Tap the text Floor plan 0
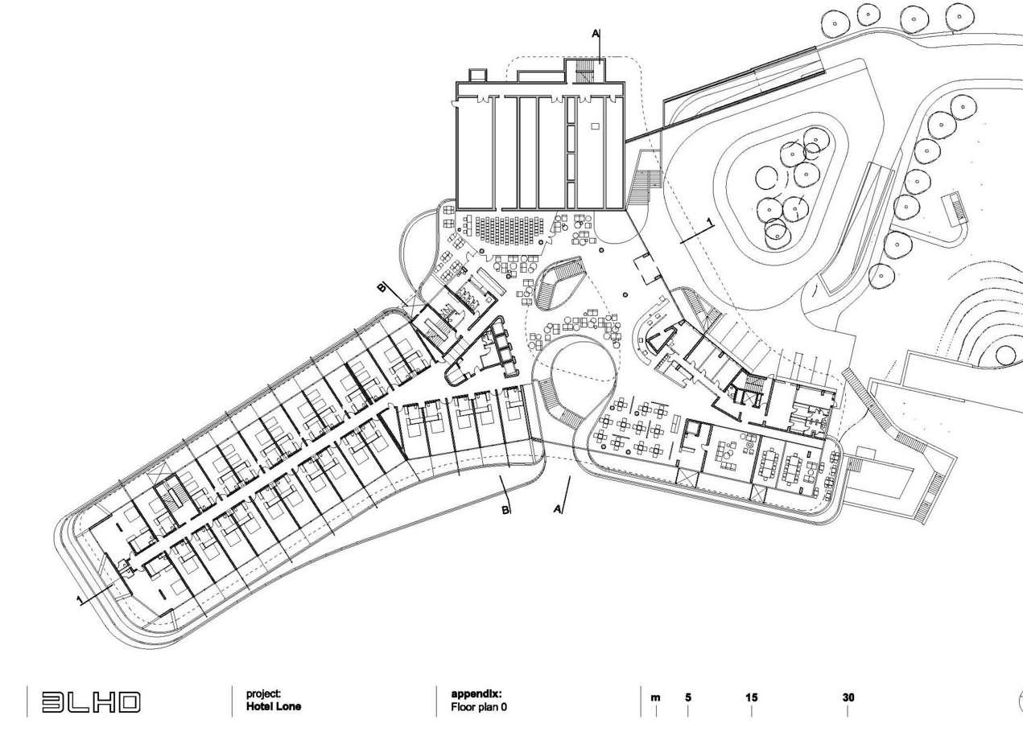(479, 708)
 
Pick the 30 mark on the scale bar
(848, 697)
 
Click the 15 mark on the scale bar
(751, 697)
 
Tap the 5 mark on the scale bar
(688, 697)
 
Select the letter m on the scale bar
(655, 697)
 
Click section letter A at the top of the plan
(596, 34)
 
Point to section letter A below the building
(558, 508)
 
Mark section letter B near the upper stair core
(383, 287)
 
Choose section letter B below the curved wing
(506, 510)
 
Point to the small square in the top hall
(595, 125)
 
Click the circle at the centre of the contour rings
(1005, 354)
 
